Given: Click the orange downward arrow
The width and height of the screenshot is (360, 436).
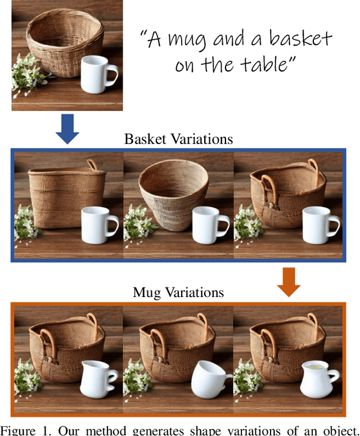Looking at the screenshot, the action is click(x=289, y=282).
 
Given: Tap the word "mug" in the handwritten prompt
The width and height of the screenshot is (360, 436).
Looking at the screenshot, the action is click(x=187, y=41).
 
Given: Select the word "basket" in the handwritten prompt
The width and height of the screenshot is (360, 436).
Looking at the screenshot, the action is click(x=300, y=38).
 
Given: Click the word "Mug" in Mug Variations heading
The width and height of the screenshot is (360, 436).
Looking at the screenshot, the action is click(x=147, y=293).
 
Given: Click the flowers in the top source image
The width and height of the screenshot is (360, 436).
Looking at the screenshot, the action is click(x=28, y=74).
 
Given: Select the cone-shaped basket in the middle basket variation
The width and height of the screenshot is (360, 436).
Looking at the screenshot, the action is click(x=173, y=195).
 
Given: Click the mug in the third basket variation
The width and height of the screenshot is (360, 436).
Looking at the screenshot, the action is click(x=321, y=225).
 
